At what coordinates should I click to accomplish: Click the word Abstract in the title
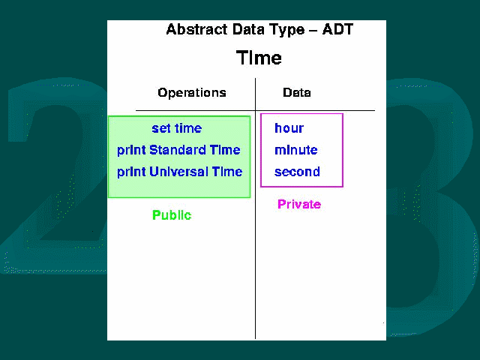click(x=196, y=30)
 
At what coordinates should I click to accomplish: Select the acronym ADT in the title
click(x=337, y=30)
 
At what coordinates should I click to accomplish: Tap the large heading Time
click(x=259, y=58)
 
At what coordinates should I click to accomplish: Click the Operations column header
click(x=192, y=92)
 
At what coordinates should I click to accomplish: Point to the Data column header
click(x=297, y=92)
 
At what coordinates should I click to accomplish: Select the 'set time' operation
click(x=177, y=128)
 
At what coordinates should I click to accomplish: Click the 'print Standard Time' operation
click(x=178, y=150)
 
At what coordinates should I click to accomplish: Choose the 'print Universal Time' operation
click(x=180, y=172)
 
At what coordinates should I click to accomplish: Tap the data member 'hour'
click(x=289, y=128)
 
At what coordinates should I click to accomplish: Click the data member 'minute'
click(x=296, y=150)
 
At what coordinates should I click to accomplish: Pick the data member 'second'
click(x=297, y=172)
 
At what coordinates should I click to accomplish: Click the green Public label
click(x=172, y=215)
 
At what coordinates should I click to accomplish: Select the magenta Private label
click(x=299, y=204)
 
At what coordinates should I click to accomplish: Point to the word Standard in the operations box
click(x=178, y=150)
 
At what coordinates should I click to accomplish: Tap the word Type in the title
click(x=287, y=30)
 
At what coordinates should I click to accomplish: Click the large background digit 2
click(x=55, y=175)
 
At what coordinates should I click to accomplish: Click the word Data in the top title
click(x=248, y=30)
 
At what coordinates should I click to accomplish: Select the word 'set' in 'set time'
click(x=161, y=128)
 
